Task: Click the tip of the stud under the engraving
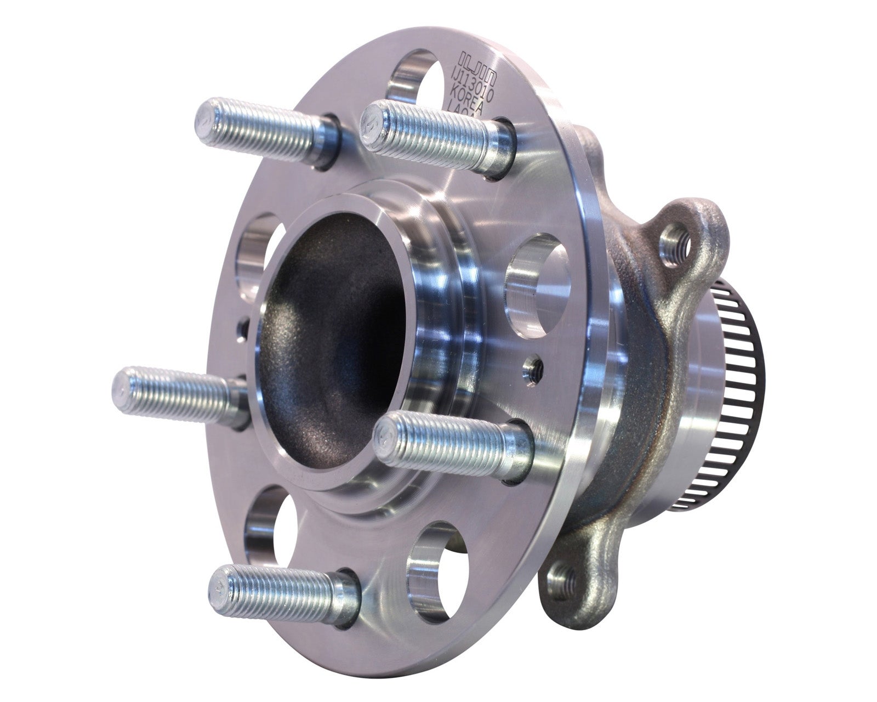tap(371, 124)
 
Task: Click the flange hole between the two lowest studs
tap(434, 565)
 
